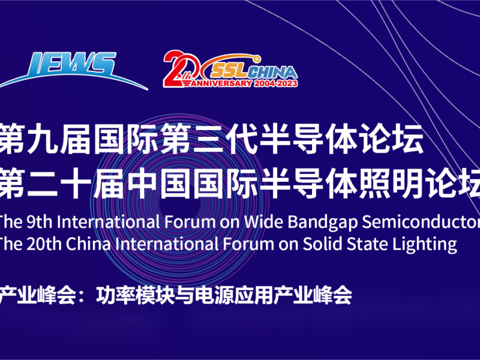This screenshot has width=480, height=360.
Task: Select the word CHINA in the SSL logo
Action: (x=272, y=72)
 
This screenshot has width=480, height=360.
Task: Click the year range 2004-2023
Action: (x=275, y=83)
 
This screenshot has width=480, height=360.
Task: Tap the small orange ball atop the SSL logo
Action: (x=256, y=58)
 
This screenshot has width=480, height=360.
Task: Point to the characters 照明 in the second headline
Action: (x=392, y=183)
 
